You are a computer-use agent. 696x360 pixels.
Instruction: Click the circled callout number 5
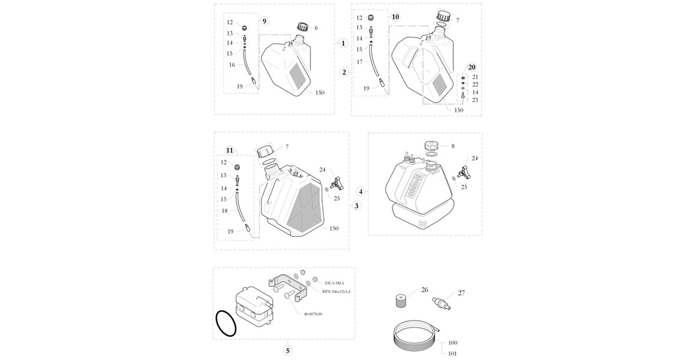(x=287, y=350)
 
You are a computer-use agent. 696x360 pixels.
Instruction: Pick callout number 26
(x=425, y=290)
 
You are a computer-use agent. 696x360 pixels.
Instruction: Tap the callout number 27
(x=461, y=293)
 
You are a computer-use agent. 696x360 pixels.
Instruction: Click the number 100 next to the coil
(x=452, y=343)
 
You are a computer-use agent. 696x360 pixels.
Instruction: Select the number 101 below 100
(x=452, y=353)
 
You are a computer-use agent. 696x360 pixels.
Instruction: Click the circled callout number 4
(x=361, y=191)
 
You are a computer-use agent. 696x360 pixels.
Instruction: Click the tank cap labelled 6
(x=302, y=27)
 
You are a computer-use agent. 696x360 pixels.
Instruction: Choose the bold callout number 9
(x=265, y=21)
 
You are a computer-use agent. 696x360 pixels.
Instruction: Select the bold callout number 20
(x=472, y=67)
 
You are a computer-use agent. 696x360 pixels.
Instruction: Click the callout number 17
(x=359, y=62)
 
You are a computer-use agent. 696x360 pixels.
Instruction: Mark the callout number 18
(x=224, y=211)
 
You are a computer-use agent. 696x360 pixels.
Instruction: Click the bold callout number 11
(x=229, y=149)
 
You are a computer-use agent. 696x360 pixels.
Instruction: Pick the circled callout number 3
(x=356, y=206)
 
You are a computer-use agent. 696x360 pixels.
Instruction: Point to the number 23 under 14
(x=475, y=100)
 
